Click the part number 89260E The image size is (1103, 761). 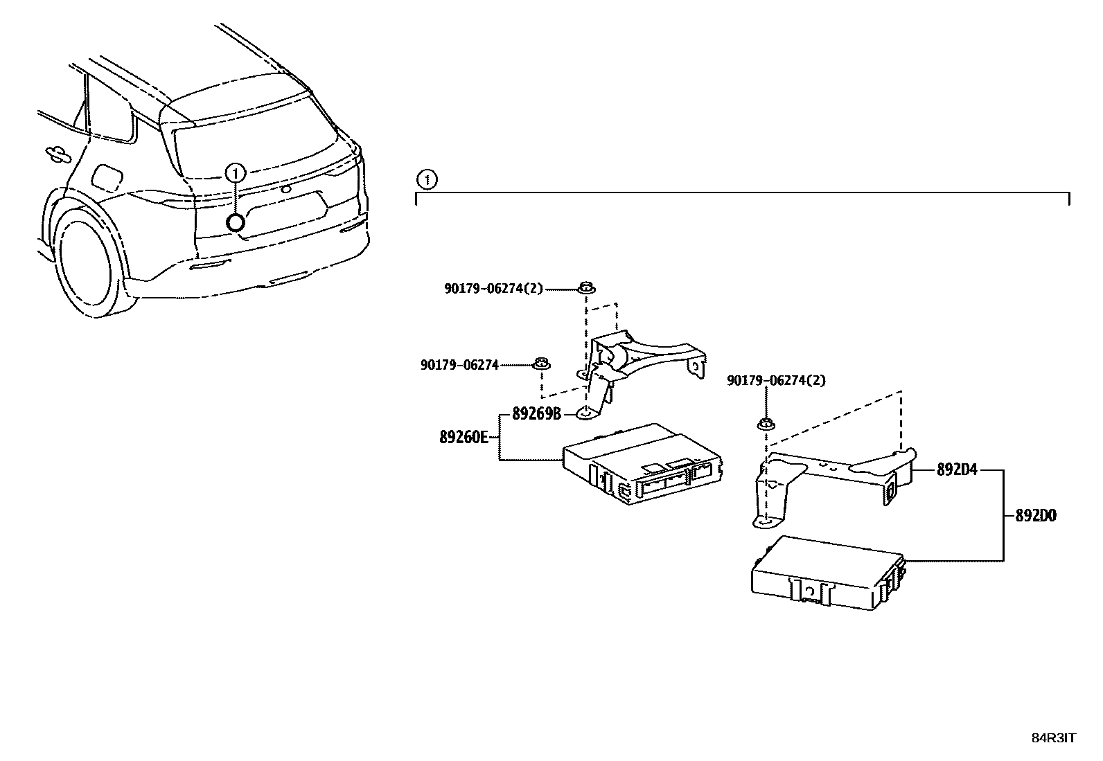464,437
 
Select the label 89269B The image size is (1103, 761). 536,414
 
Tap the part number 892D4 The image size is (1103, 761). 956,469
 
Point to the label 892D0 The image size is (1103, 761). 1035,516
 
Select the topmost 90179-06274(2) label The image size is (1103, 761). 494,289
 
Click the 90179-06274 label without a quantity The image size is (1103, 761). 459,364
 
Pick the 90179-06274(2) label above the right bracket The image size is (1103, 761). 776,380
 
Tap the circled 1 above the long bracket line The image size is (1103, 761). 427,181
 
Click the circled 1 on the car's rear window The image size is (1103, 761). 236,172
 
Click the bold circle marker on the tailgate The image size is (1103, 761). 236,222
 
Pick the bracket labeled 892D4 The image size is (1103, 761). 831,478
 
